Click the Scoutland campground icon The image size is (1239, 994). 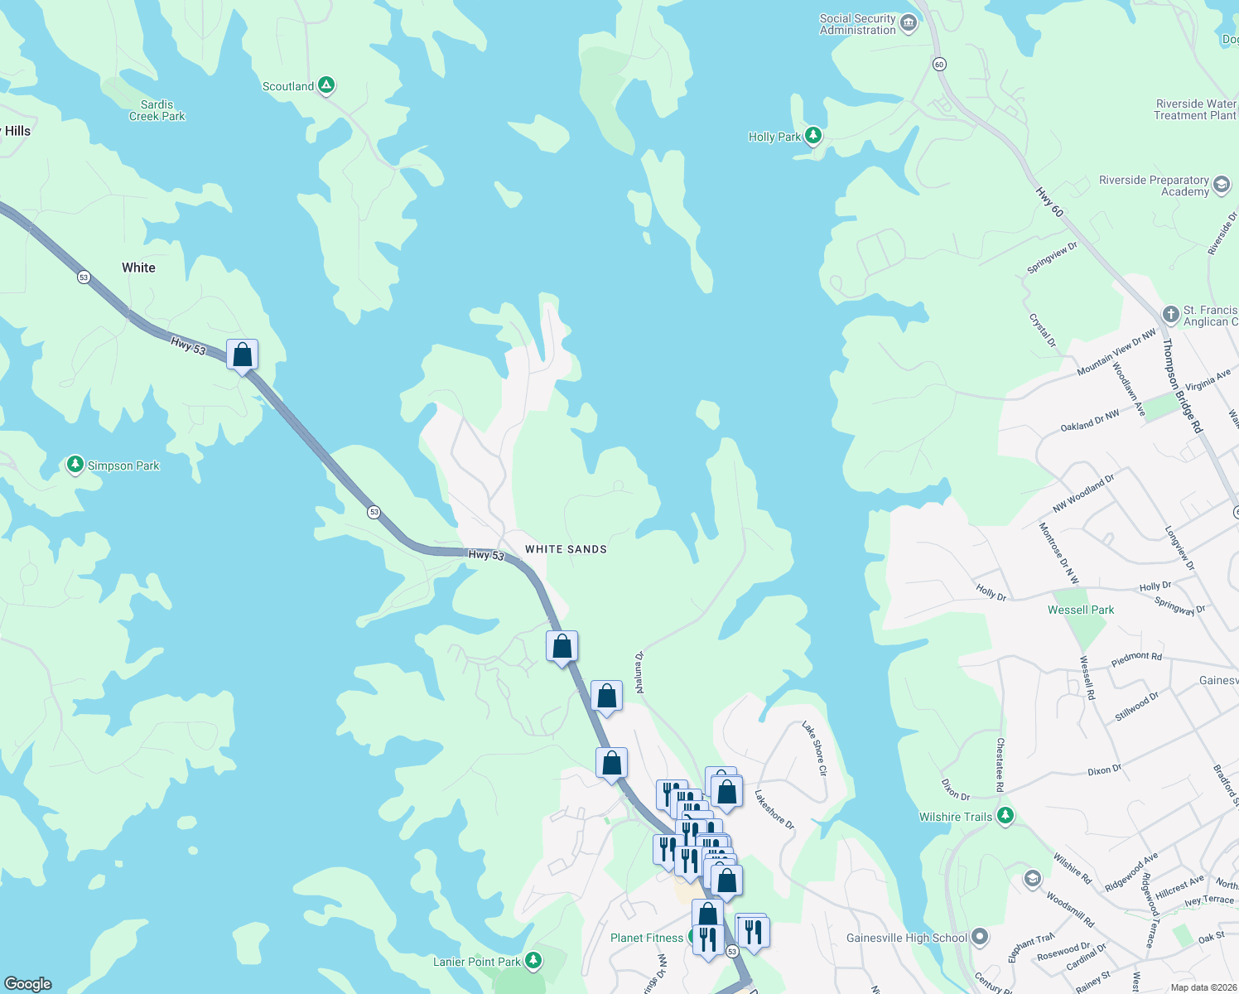326,84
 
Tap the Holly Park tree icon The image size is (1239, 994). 813,135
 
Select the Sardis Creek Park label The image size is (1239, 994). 157,110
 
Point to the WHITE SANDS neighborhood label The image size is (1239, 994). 566,549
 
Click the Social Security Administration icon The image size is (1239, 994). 909,23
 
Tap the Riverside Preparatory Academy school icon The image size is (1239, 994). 1222,185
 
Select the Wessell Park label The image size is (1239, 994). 1081,610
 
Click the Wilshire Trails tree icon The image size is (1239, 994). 1005,815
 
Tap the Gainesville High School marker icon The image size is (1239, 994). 980,937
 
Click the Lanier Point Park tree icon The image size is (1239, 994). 533,960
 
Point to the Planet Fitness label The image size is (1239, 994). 647,938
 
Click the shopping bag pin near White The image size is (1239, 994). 243,355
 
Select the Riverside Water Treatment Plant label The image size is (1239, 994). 1196,109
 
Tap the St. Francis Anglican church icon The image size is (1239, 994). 1170,314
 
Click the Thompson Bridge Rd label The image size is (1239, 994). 1182,386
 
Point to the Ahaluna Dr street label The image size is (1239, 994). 639,672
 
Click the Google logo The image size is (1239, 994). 28,983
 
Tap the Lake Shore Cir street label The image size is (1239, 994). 814,748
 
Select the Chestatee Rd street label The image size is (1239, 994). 1000,765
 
